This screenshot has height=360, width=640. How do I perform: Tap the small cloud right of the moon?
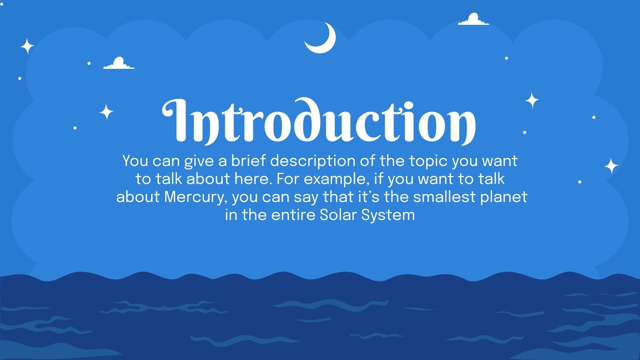click(474, 20)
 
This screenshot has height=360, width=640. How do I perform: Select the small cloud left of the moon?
click(119, 64)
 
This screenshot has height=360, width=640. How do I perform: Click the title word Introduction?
click(319, 120)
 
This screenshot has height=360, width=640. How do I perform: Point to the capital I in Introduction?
click(176, 120)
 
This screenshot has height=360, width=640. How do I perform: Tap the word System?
click(388, 215)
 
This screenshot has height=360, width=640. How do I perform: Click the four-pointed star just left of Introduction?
click(106, 112)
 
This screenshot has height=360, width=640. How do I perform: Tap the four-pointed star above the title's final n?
click(532, 100)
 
